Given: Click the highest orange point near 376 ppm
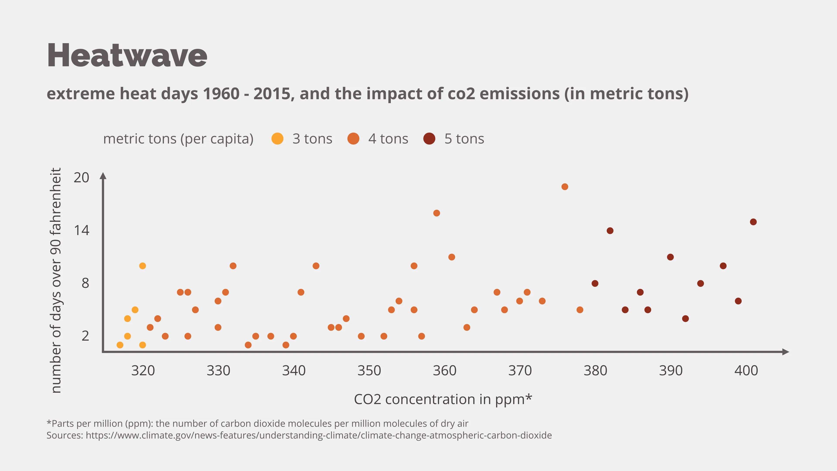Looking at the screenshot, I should point(565,187).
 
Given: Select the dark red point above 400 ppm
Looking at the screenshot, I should point(753,222).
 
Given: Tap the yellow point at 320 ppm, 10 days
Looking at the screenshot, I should point(142,266).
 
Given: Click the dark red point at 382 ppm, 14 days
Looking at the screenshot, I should point(610,231).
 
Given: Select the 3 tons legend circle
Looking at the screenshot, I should point(277,139).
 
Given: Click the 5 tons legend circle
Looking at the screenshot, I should point(429,139).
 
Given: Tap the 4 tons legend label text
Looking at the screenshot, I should point(388,139).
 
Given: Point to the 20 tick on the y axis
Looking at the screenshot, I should point(81,178).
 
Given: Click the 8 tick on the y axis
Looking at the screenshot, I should point(85,283).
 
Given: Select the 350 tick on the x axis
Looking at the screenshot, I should point(369,370).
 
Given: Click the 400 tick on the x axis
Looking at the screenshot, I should point(746,370).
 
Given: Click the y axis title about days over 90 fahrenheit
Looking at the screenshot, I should point(56,280).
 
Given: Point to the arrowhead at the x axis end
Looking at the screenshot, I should point(785,352).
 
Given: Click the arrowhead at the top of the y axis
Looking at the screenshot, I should point(103,176).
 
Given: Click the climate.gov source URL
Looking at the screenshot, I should point(318,435).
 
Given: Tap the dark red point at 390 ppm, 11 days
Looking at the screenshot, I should point(670,257).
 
